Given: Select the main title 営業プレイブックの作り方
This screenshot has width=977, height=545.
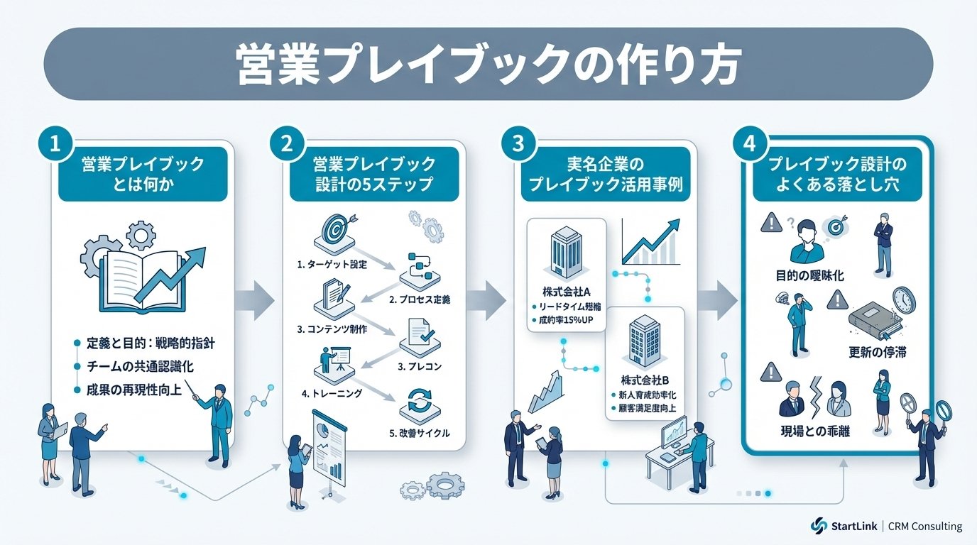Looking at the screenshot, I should (x=488, y=65).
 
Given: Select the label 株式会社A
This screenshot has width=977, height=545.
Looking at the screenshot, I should (x=565, y=292).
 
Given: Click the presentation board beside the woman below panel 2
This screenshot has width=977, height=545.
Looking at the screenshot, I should (x=329, y=448).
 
